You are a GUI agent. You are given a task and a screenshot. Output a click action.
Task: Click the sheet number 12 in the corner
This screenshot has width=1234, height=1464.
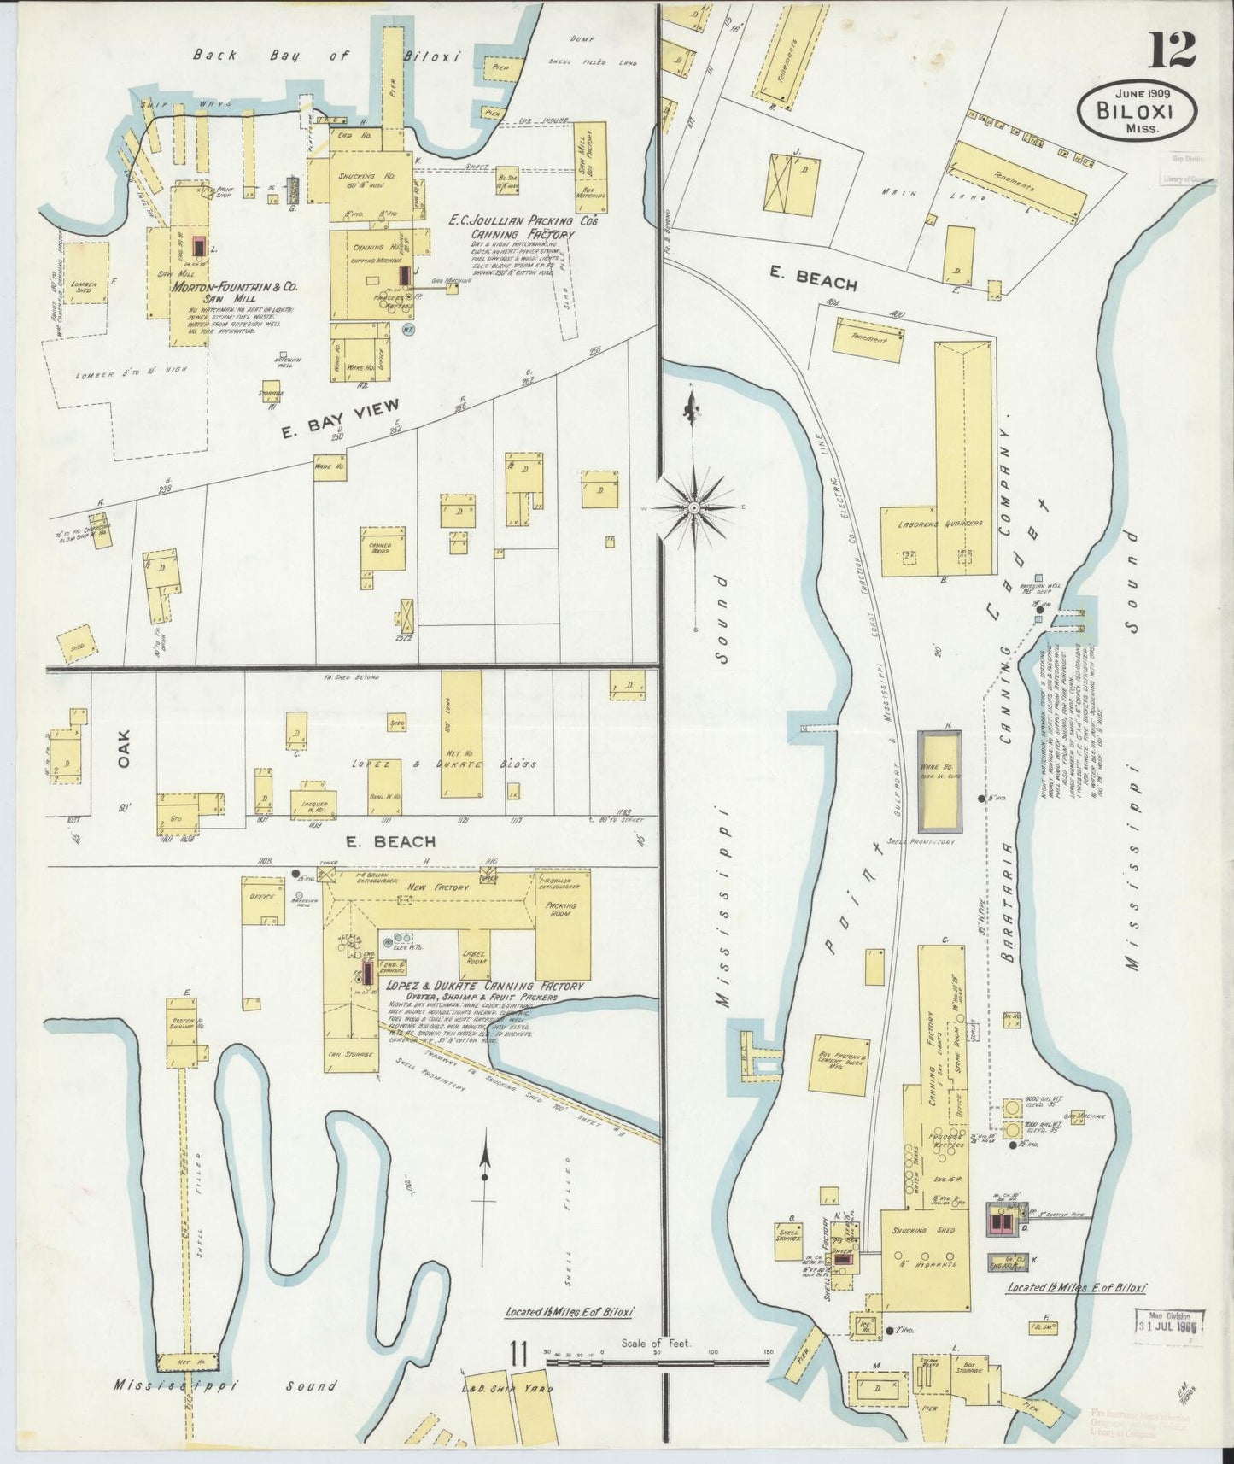pyautogui.click(x=1171, y=50)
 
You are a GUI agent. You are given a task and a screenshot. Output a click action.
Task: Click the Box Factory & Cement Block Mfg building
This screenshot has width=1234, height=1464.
pyautogui.click(x=839, y=1066)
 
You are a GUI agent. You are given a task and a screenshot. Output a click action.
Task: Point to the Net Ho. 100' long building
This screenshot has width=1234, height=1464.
pyautogui.click(x=460, y=735)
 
